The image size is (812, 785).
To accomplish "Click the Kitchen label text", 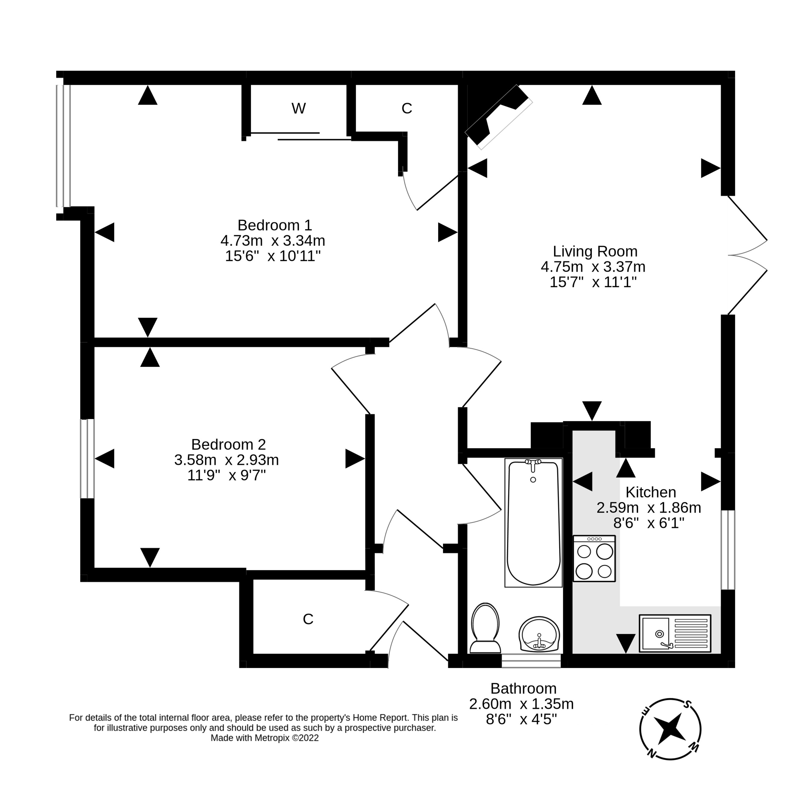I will click(x=650, y=492).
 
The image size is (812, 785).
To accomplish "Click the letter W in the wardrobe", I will click(x=298, y=109).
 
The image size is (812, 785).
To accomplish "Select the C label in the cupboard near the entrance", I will click(x=308, y=619).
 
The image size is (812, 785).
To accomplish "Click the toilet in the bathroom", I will click(x=485, y=629).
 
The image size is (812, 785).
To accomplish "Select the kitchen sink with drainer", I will click(x=674, y=633).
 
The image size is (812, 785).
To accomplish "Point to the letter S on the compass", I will click(x=687, y=704).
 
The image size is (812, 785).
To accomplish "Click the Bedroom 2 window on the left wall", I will click(x=87, y=458).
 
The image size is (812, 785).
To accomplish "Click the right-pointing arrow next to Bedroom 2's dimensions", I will click(x=355, y=458).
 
